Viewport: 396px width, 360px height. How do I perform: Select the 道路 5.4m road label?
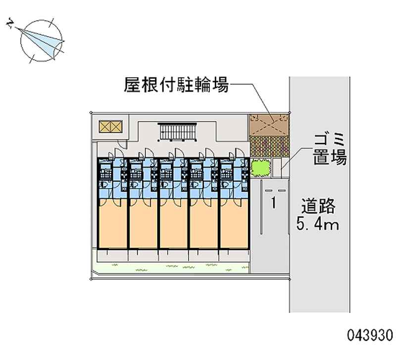pyautogui.click(x=318, y=214)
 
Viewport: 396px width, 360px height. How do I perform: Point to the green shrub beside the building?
pyautogui.click(x=260, y=168)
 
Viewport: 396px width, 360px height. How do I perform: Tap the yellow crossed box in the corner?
pyautogui.click(x=109, y=126)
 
